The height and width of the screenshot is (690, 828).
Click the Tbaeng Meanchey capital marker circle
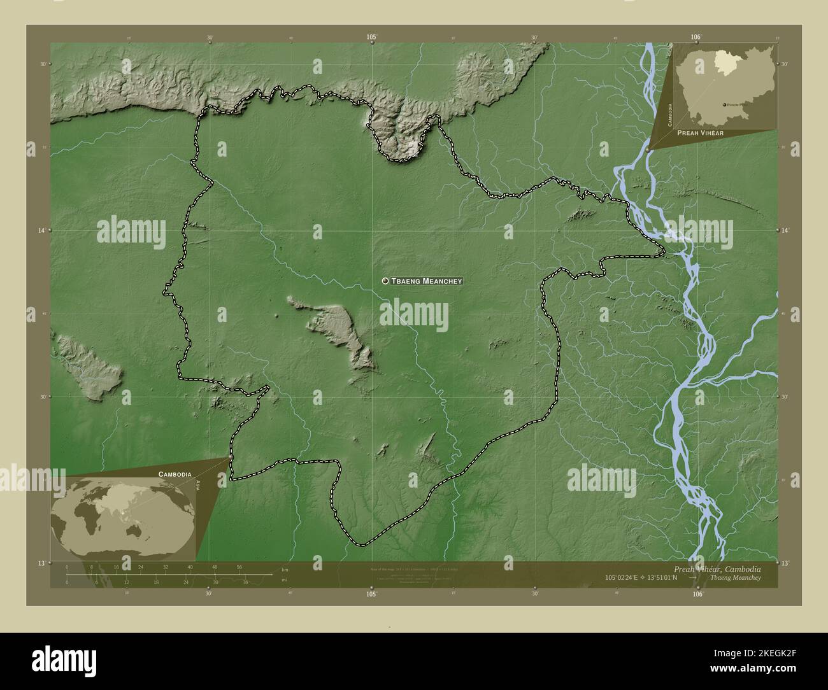pyautogui.click(x=385, y=281)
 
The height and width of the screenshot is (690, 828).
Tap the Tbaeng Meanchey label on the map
pyautogui.click(x=426, y=281)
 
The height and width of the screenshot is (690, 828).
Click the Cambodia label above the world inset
pyautogui.click(x=170, y=475)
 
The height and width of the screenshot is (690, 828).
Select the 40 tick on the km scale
pyautogui.click(x=190, y=567)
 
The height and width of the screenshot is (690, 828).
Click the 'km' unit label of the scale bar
pyautogui.click(x=285, y=569)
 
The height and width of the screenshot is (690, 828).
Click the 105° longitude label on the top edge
pyautogui.click(x=372, y=38)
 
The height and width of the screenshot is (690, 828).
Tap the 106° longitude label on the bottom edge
pyautogui.click(x=697, y=594)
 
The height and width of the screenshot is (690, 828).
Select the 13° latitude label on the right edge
pyautogui.click(x=785, y=563)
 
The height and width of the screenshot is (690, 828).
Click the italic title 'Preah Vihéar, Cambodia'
pyautogui.click(x=717, y=568)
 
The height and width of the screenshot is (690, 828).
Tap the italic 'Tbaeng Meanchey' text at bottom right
pyautogui.click(x=734, y=577)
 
